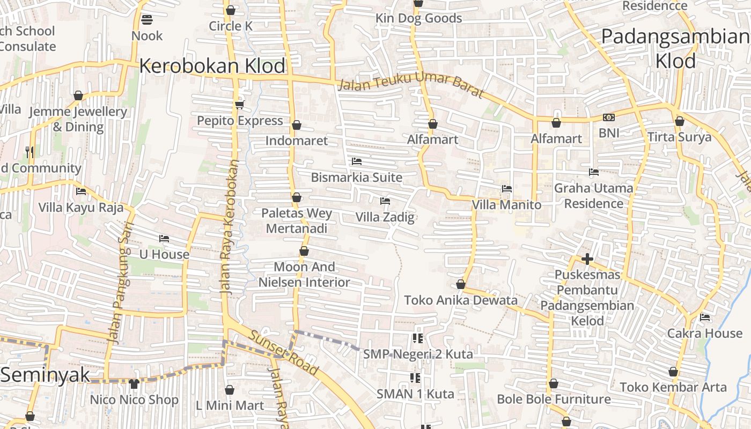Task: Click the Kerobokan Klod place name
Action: click(212, 66)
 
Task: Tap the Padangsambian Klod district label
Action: click(675, 49)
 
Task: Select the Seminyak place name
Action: click(45, 374)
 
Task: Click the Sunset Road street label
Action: click(283, 352)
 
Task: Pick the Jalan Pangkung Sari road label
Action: click(119, 282)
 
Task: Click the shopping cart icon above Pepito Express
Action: click(239, 105)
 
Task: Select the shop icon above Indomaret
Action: click(296, 125)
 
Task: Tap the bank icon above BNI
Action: click(608, 117)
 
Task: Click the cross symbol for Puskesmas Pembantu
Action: click(587, 259)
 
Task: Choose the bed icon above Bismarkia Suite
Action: click(356, 161)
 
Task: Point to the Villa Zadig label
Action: click(385, 217)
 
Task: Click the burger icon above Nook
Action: click(147, 20)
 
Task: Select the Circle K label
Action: click(231, 26)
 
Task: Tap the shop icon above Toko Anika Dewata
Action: click(460, 284)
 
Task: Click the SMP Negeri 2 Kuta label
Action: click(418, 354)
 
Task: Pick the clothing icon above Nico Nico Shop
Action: click(134, 383)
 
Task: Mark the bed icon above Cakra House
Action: click(705, 317)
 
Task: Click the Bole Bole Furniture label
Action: click(554, 399)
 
